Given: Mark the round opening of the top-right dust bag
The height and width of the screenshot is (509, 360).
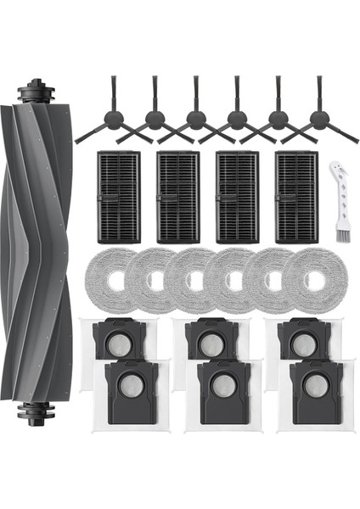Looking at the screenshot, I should [301, 344].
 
